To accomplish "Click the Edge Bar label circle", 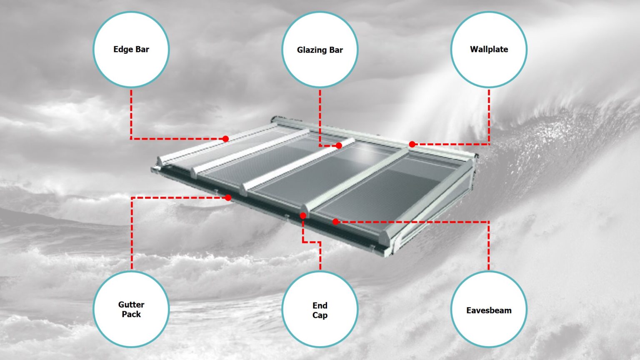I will [x=131, y=49].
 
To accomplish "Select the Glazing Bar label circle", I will [x=320, y=50].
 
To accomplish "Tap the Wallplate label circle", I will [x=489, y=49].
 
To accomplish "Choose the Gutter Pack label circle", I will [x=131, y=309].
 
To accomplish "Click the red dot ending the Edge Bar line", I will [x=225, y=139].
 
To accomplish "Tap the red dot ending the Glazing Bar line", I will [x=339, y=145].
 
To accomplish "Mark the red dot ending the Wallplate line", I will [x=412, y=144].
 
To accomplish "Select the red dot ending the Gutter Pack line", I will [x=228, y=197].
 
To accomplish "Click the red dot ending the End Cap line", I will [x=303, y=215].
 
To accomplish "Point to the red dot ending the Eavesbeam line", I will [x=335, y=222].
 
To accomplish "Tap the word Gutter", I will [x=131, y=305].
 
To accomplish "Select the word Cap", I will [x=320, y=315].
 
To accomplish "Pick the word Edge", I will [x=122, y=50].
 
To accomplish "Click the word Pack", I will [x=131, y=314].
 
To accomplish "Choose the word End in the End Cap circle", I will [x=320, y=305].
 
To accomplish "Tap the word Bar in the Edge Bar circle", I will [x=142, y=49].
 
